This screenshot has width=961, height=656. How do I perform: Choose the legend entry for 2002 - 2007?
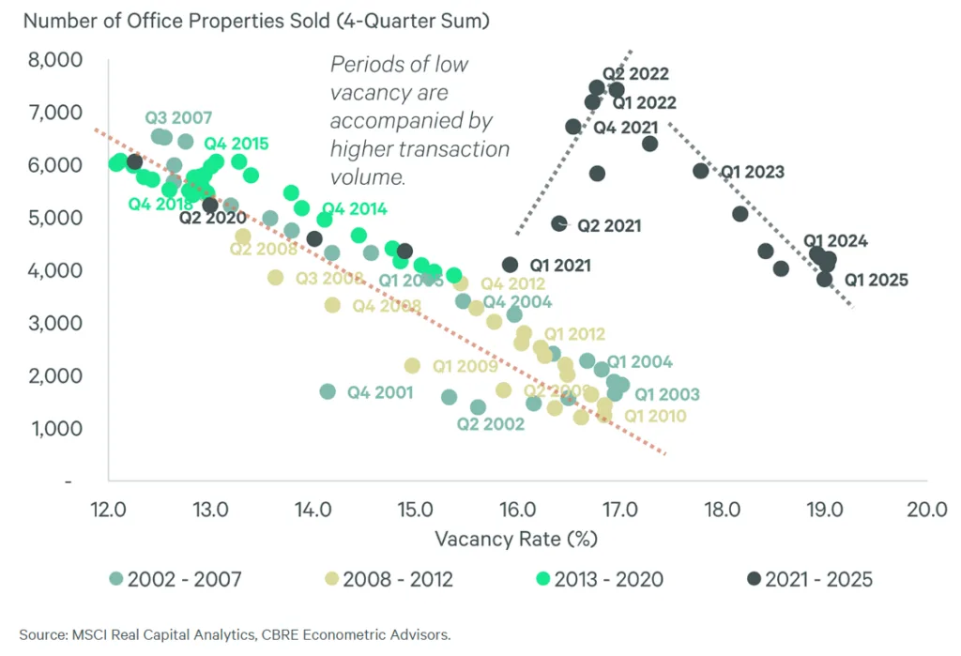click(x=175, y=579)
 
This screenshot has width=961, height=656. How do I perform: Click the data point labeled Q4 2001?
click(x=327, y=391)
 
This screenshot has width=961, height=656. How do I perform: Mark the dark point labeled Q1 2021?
click(x=510, y=266)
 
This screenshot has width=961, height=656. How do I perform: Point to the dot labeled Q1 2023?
click(x=700, y=171)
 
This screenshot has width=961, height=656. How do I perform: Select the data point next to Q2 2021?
click(x=559, y=223)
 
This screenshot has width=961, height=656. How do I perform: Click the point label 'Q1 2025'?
click(x=876, y=279)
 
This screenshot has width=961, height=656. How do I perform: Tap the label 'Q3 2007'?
click(x=178, y=118)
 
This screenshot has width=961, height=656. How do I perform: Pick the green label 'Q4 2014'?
click(x=354, y=209)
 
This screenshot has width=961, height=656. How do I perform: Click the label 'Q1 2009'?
click(x=465, y=366)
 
